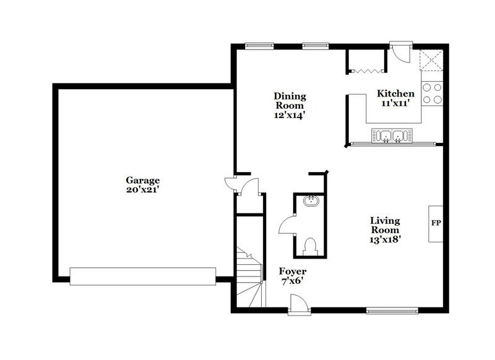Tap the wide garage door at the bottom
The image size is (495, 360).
[x=142, y=276]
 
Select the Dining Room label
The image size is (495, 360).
[x=290, y=101]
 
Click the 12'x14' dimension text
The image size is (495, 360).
[x=290, y=114]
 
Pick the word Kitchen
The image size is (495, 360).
[x=395, y=93]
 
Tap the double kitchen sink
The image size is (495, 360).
[x=390, y=135]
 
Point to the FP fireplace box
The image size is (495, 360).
[x=435, y=223]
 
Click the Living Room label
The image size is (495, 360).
[x=384, y=225]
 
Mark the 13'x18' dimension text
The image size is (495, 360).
[x=384, y=240]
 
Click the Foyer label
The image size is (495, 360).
[x=292, y=272]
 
